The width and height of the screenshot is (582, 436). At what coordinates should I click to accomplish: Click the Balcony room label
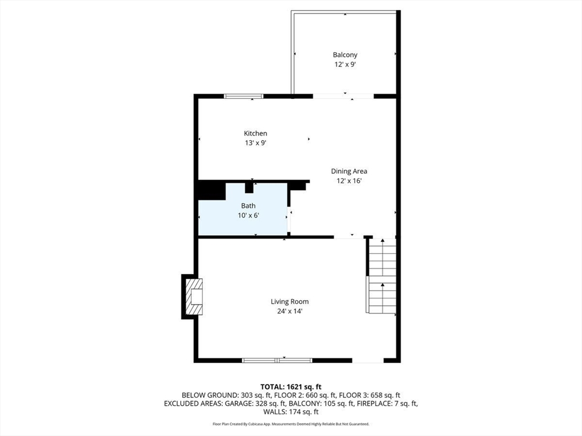click(345, 55)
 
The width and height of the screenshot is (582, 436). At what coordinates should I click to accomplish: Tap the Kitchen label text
click(255, 133)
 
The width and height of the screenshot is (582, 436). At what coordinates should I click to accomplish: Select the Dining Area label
click(349, 171)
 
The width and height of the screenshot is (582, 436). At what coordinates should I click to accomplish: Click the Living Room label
click(289, 302)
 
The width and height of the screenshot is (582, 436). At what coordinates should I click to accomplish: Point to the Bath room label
click(248, 206)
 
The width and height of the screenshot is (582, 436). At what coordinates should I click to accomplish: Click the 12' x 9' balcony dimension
click(345, 65)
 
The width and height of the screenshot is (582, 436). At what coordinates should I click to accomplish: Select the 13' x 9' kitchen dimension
click(255, 143)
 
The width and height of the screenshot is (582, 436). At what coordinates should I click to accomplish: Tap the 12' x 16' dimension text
click(349, 181)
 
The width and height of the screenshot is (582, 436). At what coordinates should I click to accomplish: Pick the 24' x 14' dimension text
click(289, 312)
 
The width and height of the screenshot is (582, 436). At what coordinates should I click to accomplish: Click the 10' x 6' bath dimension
click(248, 215)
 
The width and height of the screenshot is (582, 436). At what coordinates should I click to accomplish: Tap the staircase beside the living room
click(382, 276)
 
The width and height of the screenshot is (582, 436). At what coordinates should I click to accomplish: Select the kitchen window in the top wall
click(243, 97)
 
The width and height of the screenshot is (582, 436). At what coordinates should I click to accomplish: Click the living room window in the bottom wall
click(277, 360)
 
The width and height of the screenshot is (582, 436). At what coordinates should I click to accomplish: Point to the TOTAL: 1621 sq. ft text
click(291, 387)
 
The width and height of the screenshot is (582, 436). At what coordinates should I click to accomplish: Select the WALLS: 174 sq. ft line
click(291, 412)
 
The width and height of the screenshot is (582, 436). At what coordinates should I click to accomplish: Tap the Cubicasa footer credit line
click(291, 424)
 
